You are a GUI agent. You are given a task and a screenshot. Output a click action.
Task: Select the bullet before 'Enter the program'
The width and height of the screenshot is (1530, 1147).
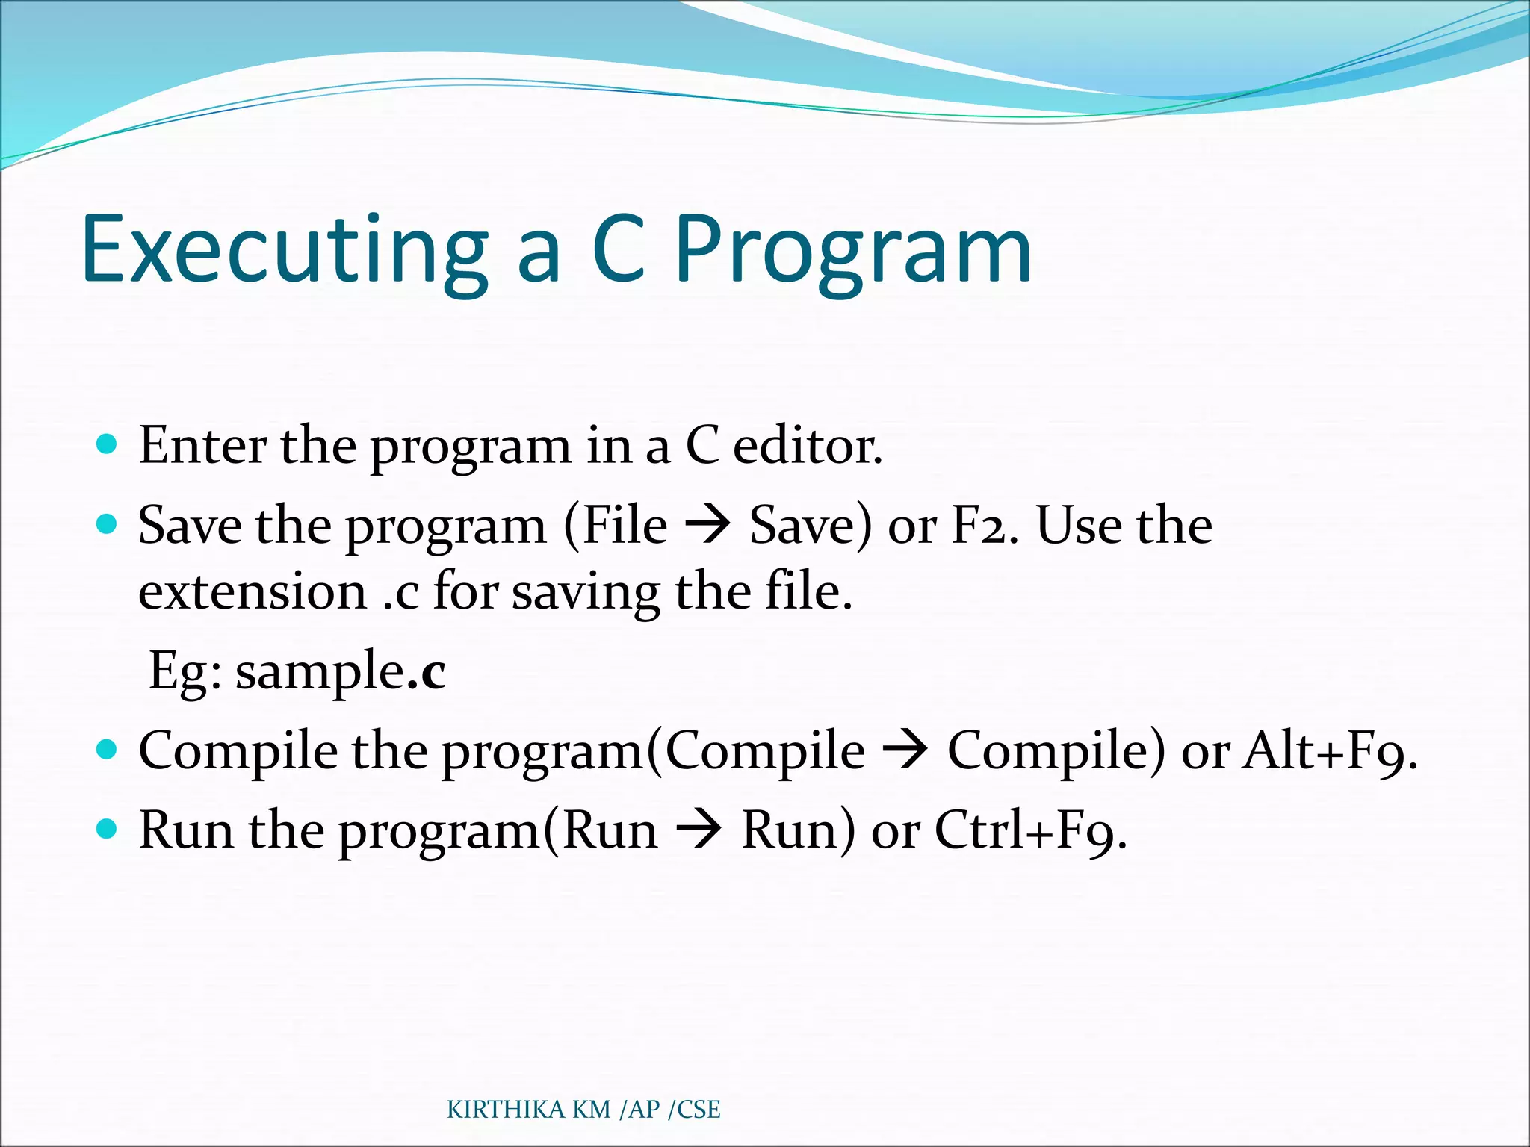point(108,445)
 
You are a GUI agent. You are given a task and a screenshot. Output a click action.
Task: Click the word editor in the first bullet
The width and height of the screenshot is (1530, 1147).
point(807,446)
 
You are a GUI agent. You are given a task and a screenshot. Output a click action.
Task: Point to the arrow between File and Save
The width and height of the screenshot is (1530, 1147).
point(707,526)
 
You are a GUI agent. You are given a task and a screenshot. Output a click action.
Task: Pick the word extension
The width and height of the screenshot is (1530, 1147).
point(253,592)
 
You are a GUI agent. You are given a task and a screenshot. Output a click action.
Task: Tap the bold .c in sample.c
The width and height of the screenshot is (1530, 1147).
point(427,671)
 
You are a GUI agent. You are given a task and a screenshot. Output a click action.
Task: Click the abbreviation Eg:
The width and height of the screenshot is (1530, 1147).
point(185,671)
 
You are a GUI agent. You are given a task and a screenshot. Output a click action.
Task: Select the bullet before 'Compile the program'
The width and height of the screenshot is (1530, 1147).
point(108,749)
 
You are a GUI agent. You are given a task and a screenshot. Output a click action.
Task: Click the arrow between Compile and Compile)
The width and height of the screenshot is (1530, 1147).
point(905,750)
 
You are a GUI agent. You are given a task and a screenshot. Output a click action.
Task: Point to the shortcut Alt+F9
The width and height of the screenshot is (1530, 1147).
point(1328,750)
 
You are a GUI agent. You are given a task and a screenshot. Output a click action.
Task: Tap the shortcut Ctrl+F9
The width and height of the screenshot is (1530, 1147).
point(1029,830)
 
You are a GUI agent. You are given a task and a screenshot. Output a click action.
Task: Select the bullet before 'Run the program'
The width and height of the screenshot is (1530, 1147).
point(108,829)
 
